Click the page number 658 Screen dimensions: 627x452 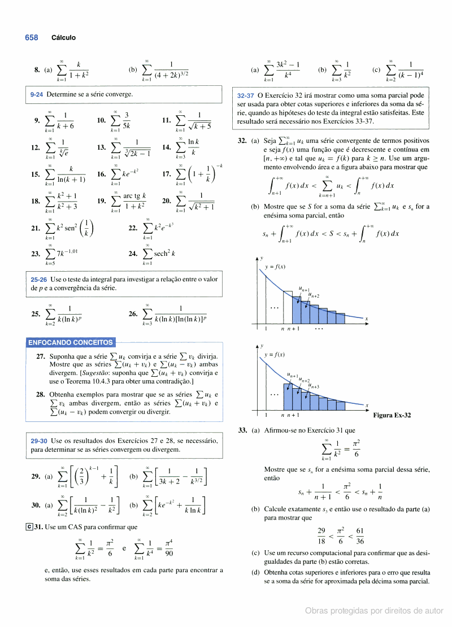(31, 38)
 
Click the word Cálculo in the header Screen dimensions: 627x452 (63, 38)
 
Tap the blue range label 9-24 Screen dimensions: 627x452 (37, 94)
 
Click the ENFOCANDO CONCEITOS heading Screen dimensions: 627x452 (71, 342)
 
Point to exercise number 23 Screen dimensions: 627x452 (36, 254)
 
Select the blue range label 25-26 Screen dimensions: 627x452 (40, 280)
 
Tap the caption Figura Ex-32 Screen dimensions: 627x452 (392, 415)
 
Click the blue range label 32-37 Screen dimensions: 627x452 (246, 95)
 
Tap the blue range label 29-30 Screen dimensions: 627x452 (40, 441)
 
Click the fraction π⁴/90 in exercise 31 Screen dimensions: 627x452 (168, 547)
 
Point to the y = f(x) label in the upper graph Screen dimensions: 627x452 (275, 267)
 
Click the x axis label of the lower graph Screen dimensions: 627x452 (366, 406)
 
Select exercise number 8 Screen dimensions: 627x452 (37, 71)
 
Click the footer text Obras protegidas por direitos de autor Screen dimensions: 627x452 (374, 611)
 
